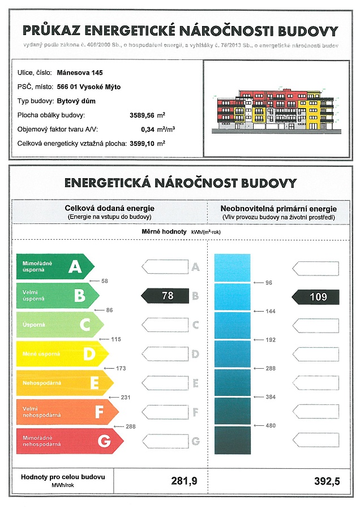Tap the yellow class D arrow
(x=63, y=354)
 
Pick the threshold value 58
(x=104, y=281)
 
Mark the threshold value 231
(x=126, y=398)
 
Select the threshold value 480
(x=271, y=426)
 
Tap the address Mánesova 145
(x=80, y=73)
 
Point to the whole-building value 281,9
(x=184, y=481)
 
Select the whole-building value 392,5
(x=327, y=481)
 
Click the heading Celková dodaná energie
(x=109, y=209)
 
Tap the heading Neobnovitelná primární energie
(x=278, y=209)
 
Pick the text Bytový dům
(x=76, y=101)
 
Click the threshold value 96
(x=269, y=282)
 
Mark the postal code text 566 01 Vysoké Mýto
(x=89, y=87)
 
